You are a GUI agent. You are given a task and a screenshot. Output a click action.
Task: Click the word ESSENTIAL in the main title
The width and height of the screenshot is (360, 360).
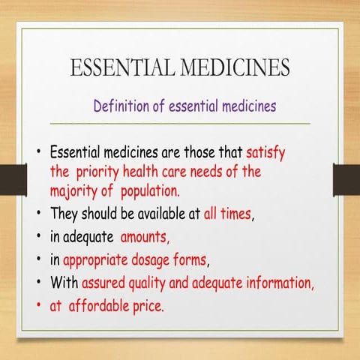pos(118,68)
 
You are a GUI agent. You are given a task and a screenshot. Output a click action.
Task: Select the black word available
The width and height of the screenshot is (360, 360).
pos(157,212)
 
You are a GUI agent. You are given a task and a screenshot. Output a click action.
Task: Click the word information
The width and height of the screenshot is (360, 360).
pos(289,284)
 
